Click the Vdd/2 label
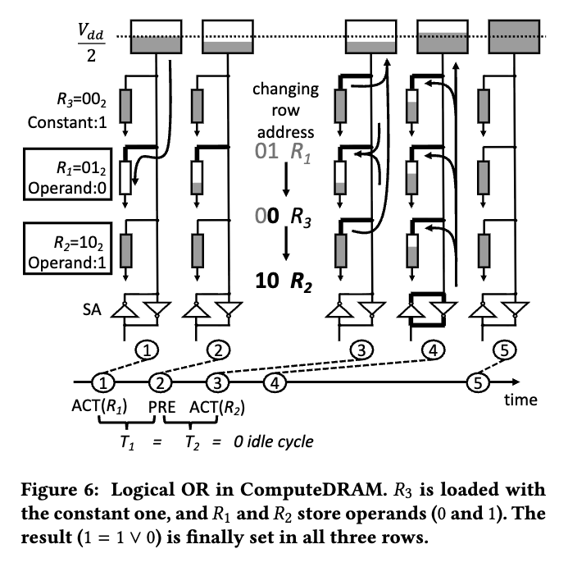point(91,43)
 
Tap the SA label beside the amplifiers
point(92,310)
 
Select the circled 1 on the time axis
point(103,382)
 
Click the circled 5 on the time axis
point(478,382)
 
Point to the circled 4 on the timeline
point(275,382)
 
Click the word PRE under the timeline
point(162,407)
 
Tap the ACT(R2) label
point(217,407)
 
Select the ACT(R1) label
point(99,406)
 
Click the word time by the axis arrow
point(520,400)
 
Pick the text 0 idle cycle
point(274,441)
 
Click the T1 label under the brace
point(127,442)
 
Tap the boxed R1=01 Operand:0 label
point(68,174)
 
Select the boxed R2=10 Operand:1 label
point(68,249)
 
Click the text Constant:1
point(67,122)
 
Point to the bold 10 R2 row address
point(284,281)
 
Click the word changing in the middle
point(285,89)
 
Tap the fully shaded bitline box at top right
point(514,37)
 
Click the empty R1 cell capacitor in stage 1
point(125,178)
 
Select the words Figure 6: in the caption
point(60,490)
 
